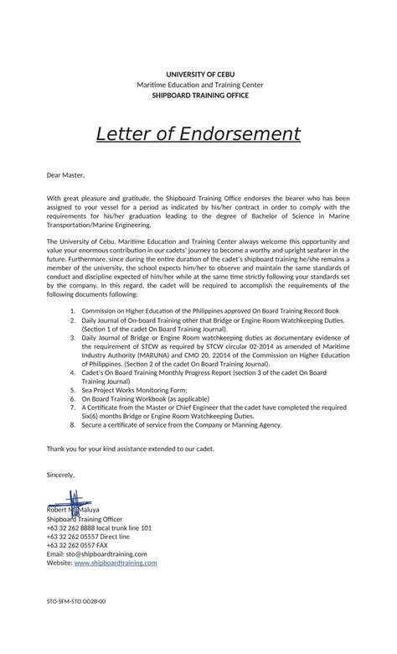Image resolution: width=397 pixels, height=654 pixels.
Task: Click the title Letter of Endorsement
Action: click(198, 134)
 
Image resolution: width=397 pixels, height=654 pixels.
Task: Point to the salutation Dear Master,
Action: click(66, 175)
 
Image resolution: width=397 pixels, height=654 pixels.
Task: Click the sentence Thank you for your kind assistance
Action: click(131, 449)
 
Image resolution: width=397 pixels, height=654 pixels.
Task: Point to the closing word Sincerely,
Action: click(61, 475)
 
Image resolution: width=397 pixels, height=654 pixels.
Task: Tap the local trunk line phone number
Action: click(99, 528)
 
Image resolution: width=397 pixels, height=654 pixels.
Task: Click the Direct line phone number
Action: click(88, 537)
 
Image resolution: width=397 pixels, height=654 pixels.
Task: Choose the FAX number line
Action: click(82, 546)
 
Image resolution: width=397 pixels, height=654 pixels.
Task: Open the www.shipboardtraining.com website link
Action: click(115, 563)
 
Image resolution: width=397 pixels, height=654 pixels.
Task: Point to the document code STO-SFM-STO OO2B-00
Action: click(76, 602)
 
